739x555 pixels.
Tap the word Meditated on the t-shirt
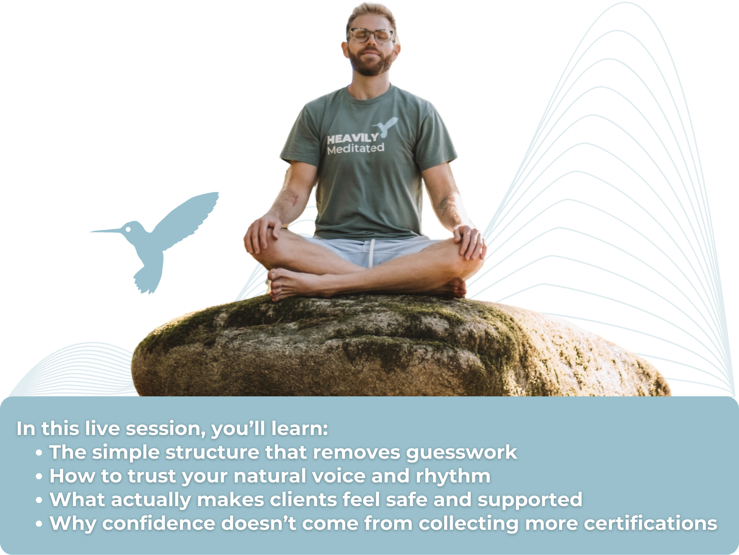[x=356, y=149]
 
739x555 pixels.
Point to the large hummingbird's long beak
[x=106, y=230]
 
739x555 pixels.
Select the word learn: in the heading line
[x=300, y=429]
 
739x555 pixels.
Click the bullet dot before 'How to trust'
[x=39, y=477]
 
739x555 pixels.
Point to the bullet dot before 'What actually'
[x=39, y=500]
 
